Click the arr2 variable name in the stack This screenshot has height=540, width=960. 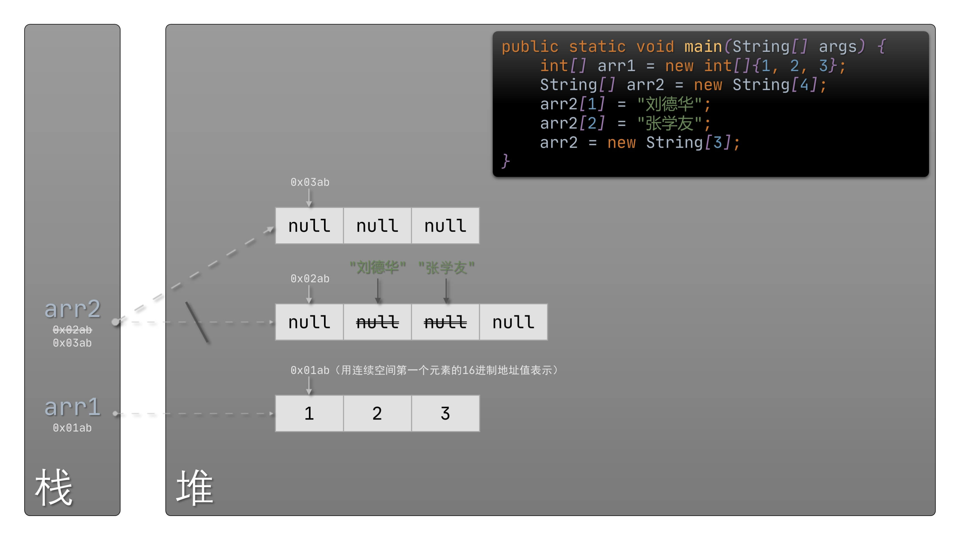tap(73, 309)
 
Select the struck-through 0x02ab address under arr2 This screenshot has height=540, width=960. tap(72, 330)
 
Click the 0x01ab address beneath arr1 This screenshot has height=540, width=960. tap(72, 428)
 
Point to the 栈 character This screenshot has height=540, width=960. tap(54, 487)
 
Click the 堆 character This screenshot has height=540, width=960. tap(194, 487)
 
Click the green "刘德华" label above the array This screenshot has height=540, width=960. tap(378, 268)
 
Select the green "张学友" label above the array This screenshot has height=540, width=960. tap(446, 268)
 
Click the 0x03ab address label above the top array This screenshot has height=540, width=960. tap(310, 182)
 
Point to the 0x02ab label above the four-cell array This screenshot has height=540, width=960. tap(310, 279)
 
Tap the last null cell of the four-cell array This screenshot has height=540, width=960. tap(513, 322)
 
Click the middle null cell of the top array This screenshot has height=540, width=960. tap(377, 226)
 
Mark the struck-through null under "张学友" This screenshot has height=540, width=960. tap(445, 322)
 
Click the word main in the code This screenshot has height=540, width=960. tap(703, 47)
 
